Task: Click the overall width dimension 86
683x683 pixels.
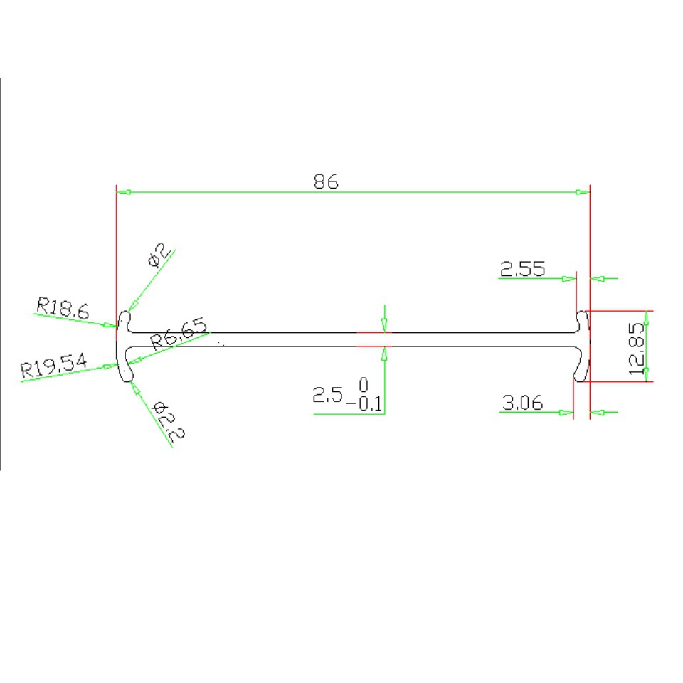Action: click(327, 181)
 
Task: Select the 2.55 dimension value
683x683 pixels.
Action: click(523, 269)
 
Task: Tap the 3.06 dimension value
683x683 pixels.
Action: click(523, 403)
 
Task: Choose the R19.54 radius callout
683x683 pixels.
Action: click(54, 367)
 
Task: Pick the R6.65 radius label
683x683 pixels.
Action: click(179, 333)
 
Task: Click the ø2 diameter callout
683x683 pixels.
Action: click(159, 255)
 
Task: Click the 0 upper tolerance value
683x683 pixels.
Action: click(364, 385)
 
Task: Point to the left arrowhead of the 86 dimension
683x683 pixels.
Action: click(123, 192)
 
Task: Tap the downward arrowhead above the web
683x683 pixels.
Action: click(385, 327)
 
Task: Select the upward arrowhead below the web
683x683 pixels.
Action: click(385, 351)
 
